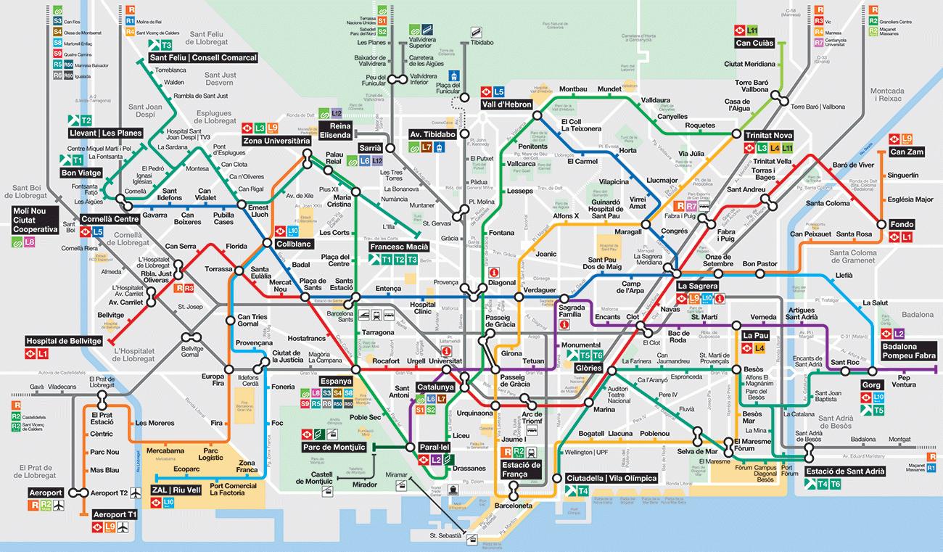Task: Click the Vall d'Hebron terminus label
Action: (506, 104)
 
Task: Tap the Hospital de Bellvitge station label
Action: (61, 341)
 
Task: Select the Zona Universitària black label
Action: (276, 140)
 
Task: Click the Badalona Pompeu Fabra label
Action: (909, 351)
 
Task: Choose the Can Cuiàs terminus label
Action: (754, 43)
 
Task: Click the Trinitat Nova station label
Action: (769, 135)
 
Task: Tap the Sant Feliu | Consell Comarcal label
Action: (202, 58)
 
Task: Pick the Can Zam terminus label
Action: (906, 152)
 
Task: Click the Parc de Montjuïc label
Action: (333, 446)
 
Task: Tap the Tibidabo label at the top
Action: (482, 43)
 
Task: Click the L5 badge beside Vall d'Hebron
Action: (498, 92)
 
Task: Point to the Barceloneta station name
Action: (514, 506)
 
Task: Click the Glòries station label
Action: (588, 368)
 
